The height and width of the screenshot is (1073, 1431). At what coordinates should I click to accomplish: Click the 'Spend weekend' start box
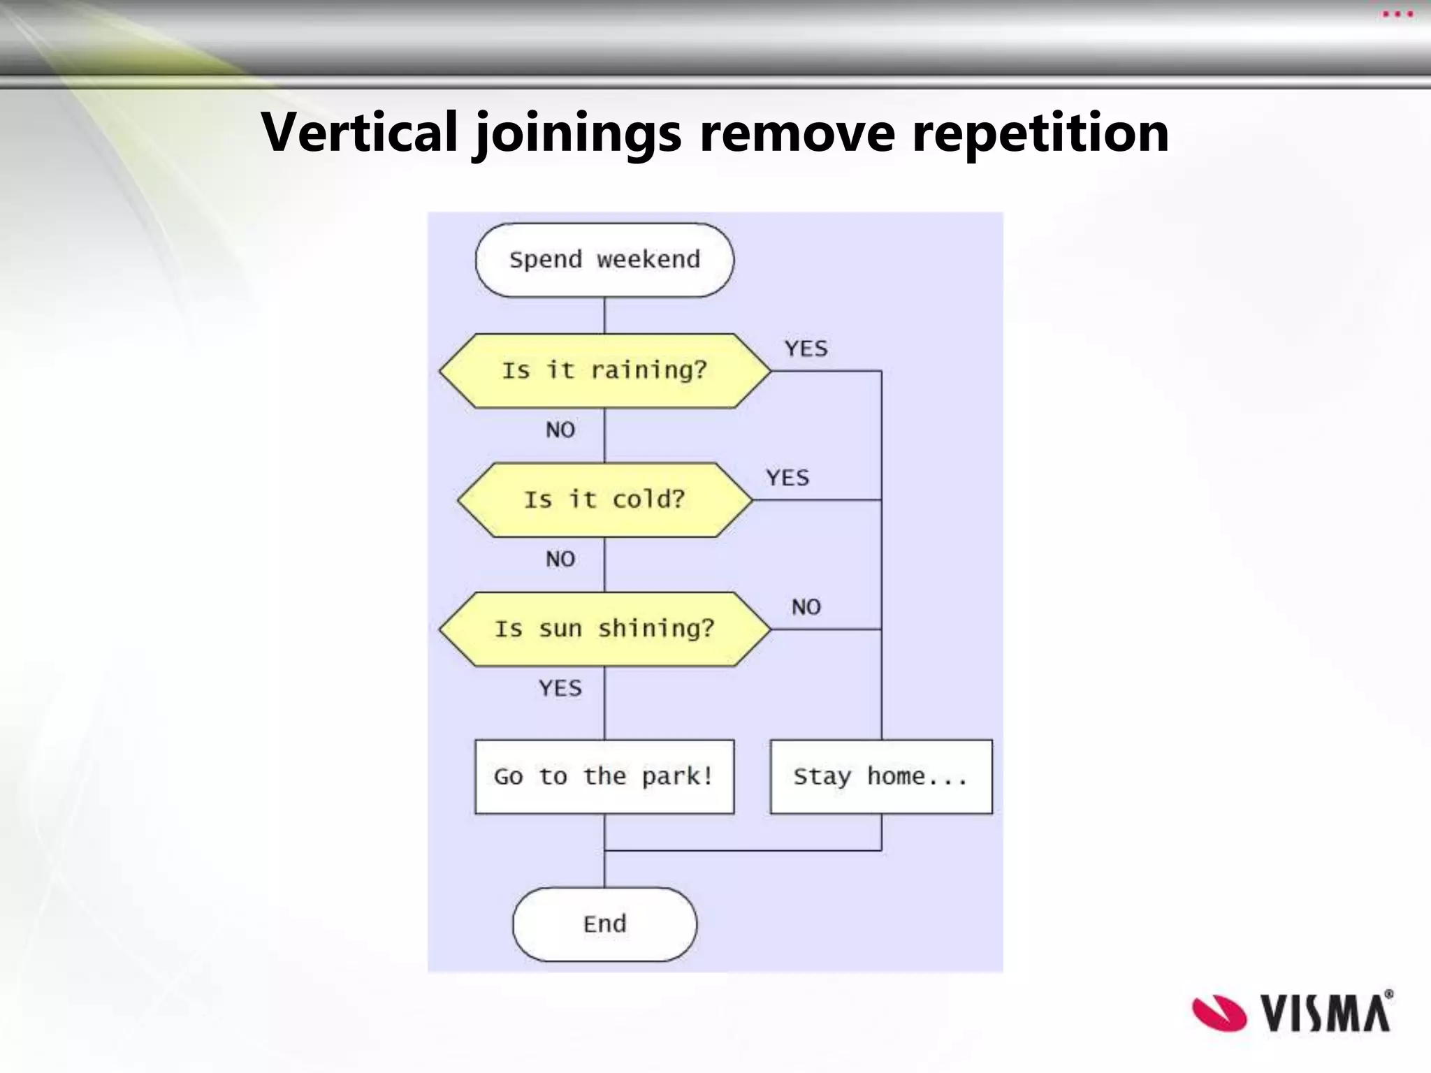point(604,260)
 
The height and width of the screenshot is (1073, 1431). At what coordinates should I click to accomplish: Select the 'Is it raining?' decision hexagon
point(604,370)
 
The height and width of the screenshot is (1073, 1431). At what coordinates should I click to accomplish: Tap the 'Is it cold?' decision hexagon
point(604,499)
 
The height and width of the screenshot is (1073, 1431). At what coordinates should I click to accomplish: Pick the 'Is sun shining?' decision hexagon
point(604,629)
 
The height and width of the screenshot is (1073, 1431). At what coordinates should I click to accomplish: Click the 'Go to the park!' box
point(604,776)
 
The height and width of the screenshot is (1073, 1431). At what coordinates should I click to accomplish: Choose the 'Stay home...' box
point(880,776)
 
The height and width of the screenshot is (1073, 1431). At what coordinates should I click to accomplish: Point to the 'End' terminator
point(604,924)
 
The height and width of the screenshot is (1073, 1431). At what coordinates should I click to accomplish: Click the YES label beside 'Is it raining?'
point(806,349)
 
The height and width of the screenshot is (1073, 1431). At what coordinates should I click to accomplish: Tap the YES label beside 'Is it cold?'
point(787,478)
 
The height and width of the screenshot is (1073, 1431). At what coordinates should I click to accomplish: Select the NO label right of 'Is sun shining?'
point(806,607)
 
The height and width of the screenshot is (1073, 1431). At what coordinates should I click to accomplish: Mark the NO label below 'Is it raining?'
point(560,430)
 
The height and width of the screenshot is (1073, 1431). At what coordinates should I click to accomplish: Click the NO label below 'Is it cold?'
point(560,559)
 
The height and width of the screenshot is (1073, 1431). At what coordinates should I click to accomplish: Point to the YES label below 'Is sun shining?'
point(560,688)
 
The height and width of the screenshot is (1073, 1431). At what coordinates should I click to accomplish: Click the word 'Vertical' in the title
point(359,132)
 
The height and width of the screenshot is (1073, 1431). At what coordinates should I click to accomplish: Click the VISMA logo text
point(1326,1012)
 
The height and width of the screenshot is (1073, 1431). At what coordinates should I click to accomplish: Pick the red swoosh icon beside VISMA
point(1219,1012)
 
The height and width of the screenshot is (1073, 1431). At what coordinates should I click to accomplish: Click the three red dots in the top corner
point(1397,14)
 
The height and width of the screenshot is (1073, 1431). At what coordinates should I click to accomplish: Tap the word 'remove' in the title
point(797,132)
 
